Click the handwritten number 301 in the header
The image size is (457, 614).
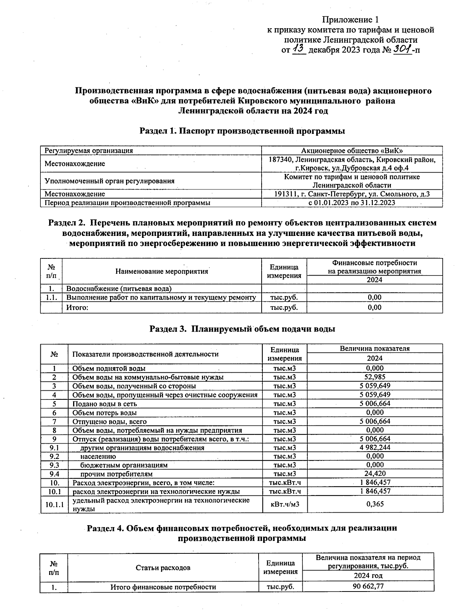point(403,49)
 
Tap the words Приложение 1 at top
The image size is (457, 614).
point(350,19)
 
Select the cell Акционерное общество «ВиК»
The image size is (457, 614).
point(352,151)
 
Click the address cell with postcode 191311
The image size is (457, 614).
point(352,194)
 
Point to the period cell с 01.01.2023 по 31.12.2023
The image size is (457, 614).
point(352,203)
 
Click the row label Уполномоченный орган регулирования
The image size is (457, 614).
point(109,181)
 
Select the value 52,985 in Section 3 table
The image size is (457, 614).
point(375,377)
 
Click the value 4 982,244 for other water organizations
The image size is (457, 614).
point(375,447)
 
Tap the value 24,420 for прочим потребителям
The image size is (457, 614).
point(375,474)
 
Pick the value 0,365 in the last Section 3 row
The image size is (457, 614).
point(375,504)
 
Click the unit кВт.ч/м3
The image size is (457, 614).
point(284,504)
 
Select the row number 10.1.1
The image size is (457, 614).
point(54,504)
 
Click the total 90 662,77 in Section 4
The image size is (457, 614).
point(368,586)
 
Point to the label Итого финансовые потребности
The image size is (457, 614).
point(163,587)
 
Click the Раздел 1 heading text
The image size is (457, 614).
point(242,131)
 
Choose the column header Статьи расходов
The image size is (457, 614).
point(163,568)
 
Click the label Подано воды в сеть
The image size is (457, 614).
point(104,404)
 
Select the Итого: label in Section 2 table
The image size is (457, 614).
point(77,308)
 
